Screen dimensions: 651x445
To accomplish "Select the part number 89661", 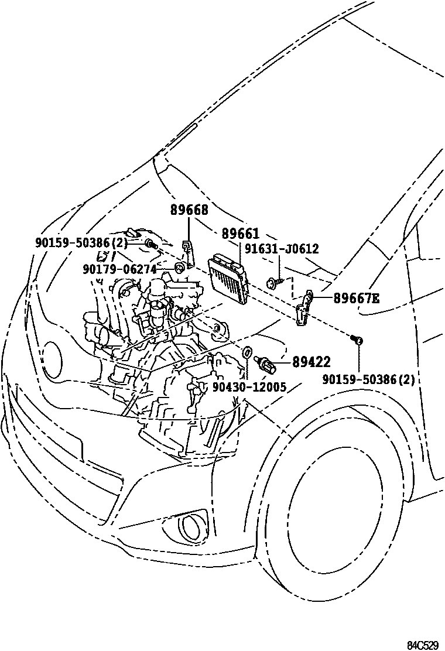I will coord(240,234).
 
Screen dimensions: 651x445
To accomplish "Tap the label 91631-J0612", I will coord(283,249).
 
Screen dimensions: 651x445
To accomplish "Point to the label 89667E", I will coord(356,299).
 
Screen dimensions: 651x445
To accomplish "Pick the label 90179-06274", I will coord(119,269).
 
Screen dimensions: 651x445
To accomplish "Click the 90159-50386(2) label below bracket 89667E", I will coord(368,379).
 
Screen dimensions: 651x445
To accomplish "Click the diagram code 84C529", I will coord(423,645).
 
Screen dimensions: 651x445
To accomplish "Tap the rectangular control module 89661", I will coord(228,279).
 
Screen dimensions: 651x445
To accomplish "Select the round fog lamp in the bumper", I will coord(189,527).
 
